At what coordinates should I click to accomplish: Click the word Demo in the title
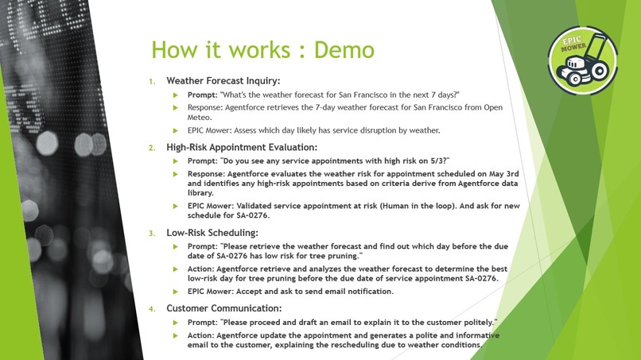pos(344,49)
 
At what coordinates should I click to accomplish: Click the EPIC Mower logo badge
pos(582,60)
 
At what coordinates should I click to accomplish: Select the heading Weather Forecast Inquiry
pos(223,81)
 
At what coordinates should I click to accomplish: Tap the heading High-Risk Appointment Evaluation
pos(242,147)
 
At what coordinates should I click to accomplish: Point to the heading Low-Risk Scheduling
pos(212,233)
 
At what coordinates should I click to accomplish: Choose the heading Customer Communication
pos(224,308)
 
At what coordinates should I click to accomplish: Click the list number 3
pos(151,233)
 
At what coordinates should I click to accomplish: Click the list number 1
pos(151,81)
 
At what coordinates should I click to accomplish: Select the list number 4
pos(151,308)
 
